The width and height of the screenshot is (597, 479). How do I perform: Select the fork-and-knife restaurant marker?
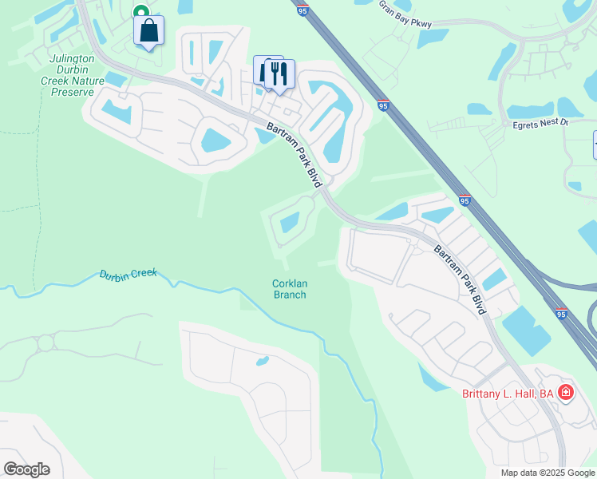click(279, 73)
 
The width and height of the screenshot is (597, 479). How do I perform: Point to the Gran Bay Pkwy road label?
click(405, 14)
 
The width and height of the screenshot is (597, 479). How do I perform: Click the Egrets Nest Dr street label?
click(540, 123)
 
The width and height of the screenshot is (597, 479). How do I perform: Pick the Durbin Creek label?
click(128, 275)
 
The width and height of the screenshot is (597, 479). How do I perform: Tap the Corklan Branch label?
click(290, 289)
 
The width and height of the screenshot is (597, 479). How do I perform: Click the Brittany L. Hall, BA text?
click(508, 393)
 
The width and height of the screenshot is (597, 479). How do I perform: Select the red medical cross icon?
click(566, 392)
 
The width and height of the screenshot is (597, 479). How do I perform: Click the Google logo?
click(26, 469)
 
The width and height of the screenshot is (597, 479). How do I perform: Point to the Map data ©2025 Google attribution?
click(548, 473)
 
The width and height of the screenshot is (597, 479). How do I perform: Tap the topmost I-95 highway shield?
click(300, 10)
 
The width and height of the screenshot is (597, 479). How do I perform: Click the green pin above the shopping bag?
click(140, 11)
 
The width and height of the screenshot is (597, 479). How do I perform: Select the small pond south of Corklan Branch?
click(262, 362)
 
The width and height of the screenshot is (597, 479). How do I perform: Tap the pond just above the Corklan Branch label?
click(290, 222)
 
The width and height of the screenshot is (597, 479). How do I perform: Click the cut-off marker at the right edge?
click(595, 144)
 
